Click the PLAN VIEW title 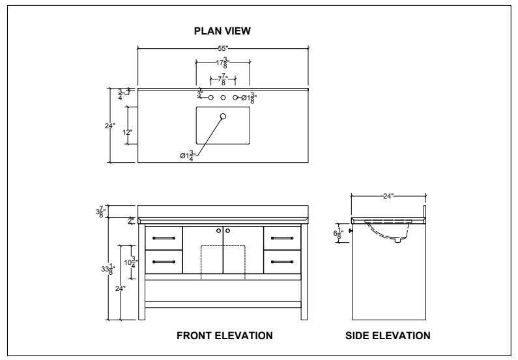(x=222, y=31)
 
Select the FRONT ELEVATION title (x=224, y=336)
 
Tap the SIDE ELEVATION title (x=388, y=336)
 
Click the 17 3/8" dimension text (x=222, y=63)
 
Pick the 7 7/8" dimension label (x=222, y=81)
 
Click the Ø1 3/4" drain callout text (x=188, y=156)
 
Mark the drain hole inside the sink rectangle (x=223, y=116)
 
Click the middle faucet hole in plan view (x=223, y=98)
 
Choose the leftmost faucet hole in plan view (x=210, y=98)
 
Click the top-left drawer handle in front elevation (x=164, y=237)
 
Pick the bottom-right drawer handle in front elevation (x=282, y=261)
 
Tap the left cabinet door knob (x=218, y=230)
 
